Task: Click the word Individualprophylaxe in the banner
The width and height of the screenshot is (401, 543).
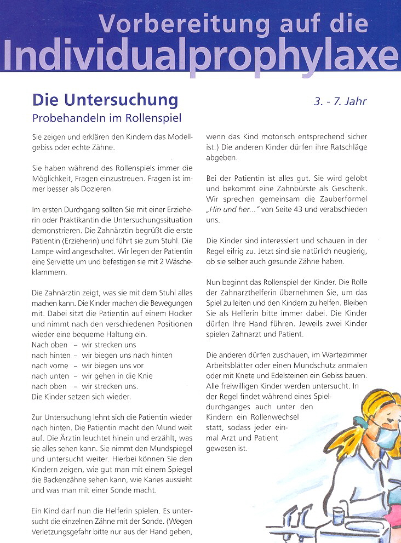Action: pyautogui.click(x=200, y=55)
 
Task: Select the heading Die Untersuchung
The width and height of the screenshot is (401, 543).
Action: pyautogui.click(x=105, y=100)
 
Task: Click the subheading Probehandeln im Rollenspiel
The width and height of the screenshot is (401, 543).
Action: pyautogui.click(x=106, y=118)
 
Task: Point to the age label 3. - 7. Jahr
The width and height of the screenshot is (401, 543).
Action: pyautogui.click(x=340, y=101)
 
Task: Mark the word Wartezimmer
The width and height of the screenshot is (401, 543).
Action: pyautogui.click(x=343, y=355)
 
